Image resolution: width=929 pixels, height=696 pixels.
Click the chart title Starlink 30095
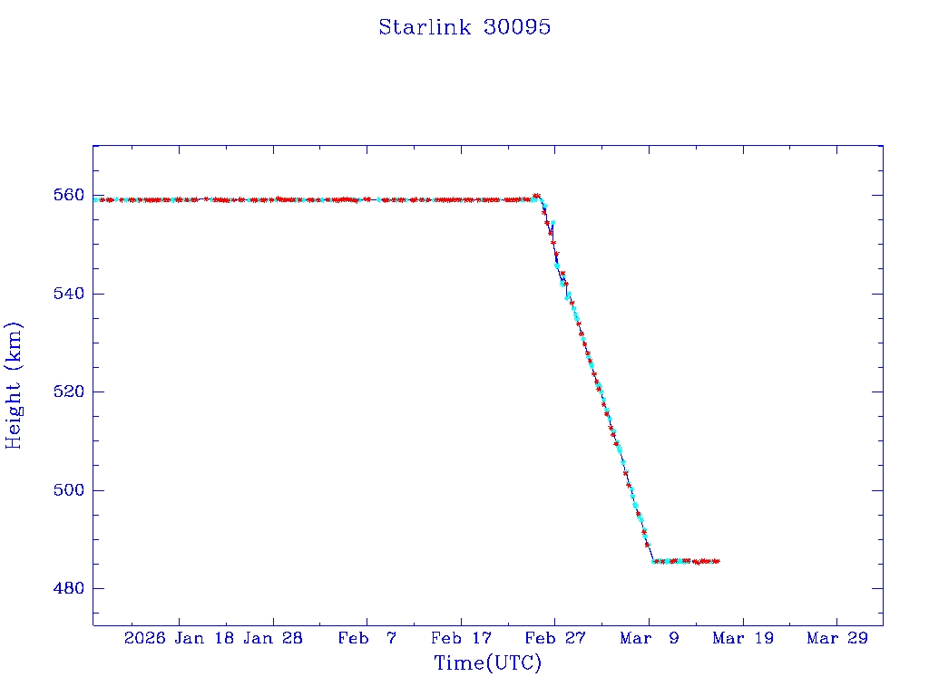464,27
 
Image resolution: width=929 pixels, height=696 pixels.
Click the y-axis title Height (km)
14,385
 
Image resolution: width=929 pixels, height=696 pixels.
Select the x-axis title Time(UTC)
488,663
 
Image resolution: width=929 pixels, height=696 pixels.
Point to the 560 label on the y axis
70,195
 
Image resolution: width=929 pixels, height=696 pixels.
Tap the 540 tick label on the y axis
70,294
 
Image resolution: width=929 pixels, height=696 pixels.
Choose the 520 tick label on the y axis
70,391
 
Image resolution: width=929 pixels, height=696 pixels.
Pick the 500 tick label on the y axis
70,490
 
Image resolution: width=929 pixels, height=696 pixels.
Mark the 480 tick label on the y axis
70,588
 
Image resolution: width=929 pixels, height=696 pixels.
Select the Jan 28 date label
273,639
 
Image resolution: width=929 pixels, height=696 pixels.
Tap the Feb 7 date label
367,639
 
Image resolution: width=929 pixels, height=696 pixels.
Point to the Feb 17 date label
460,639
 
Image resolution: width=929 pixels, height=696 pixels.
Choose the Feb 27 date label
554,639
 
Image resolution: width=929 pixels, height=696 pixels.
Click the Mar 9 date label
649,639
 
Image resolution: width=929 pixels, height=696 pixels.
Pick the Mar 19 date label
743,639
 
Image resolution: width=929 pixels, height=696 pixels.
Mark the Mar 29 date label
836,639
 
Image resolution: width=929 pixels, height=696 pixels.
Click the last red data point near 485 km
717,561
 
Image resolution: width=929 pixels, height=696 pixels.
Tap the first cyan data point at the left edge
96,199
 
